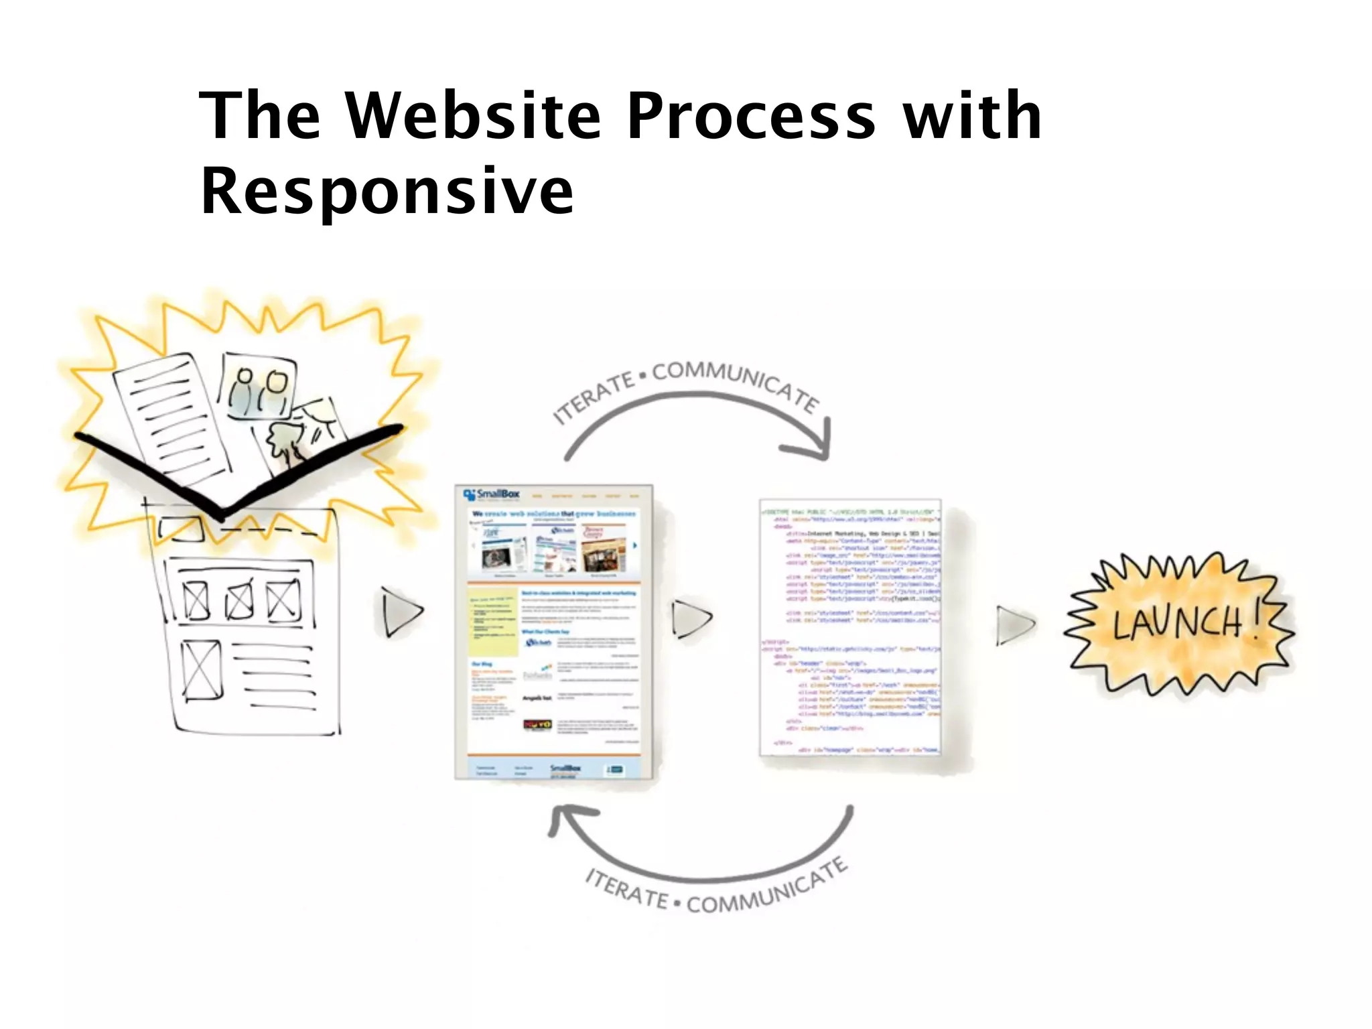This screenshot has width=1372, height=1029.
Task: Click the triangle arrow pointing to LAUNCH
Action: pyautogui.click(x=1014, y=624)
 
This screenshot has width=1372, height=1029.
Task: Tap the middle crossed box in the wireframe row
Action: pyautogui.click(x=239, y=600)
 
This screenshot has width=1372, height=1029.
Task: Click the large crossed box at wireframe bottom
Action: pyautogui.click(x=202, y=670)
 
